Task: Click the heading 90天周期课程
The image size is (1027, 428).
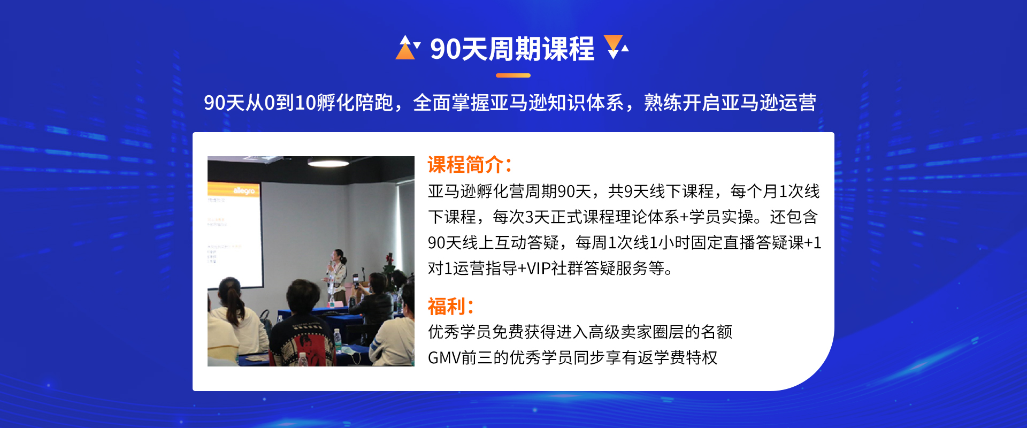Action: tap(512, 49)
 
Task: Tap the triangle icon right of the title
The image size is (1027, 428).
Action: tap(616, 47)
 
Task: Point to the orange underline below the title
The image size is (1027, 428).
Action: tap(513, 75)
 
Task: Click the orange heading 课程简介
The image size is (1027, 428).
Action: tap(470, 165)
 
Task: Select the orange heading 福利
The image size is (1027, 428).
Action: tap(450, 307)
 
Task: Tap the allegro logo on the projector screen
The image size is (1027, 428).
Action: tap(244, 191)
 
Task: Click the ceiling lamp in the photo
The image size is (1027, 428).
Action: tap(328, 162)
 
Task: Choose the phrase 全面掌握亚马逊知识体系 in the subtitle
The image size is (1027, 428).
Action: tap(518, 103)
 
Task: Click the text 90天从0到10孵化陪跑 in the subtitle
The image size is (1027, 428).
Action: tap(298, 103)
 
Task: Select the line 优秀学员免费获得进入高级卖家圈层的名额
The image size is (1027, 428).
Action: tap(580, 332)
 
